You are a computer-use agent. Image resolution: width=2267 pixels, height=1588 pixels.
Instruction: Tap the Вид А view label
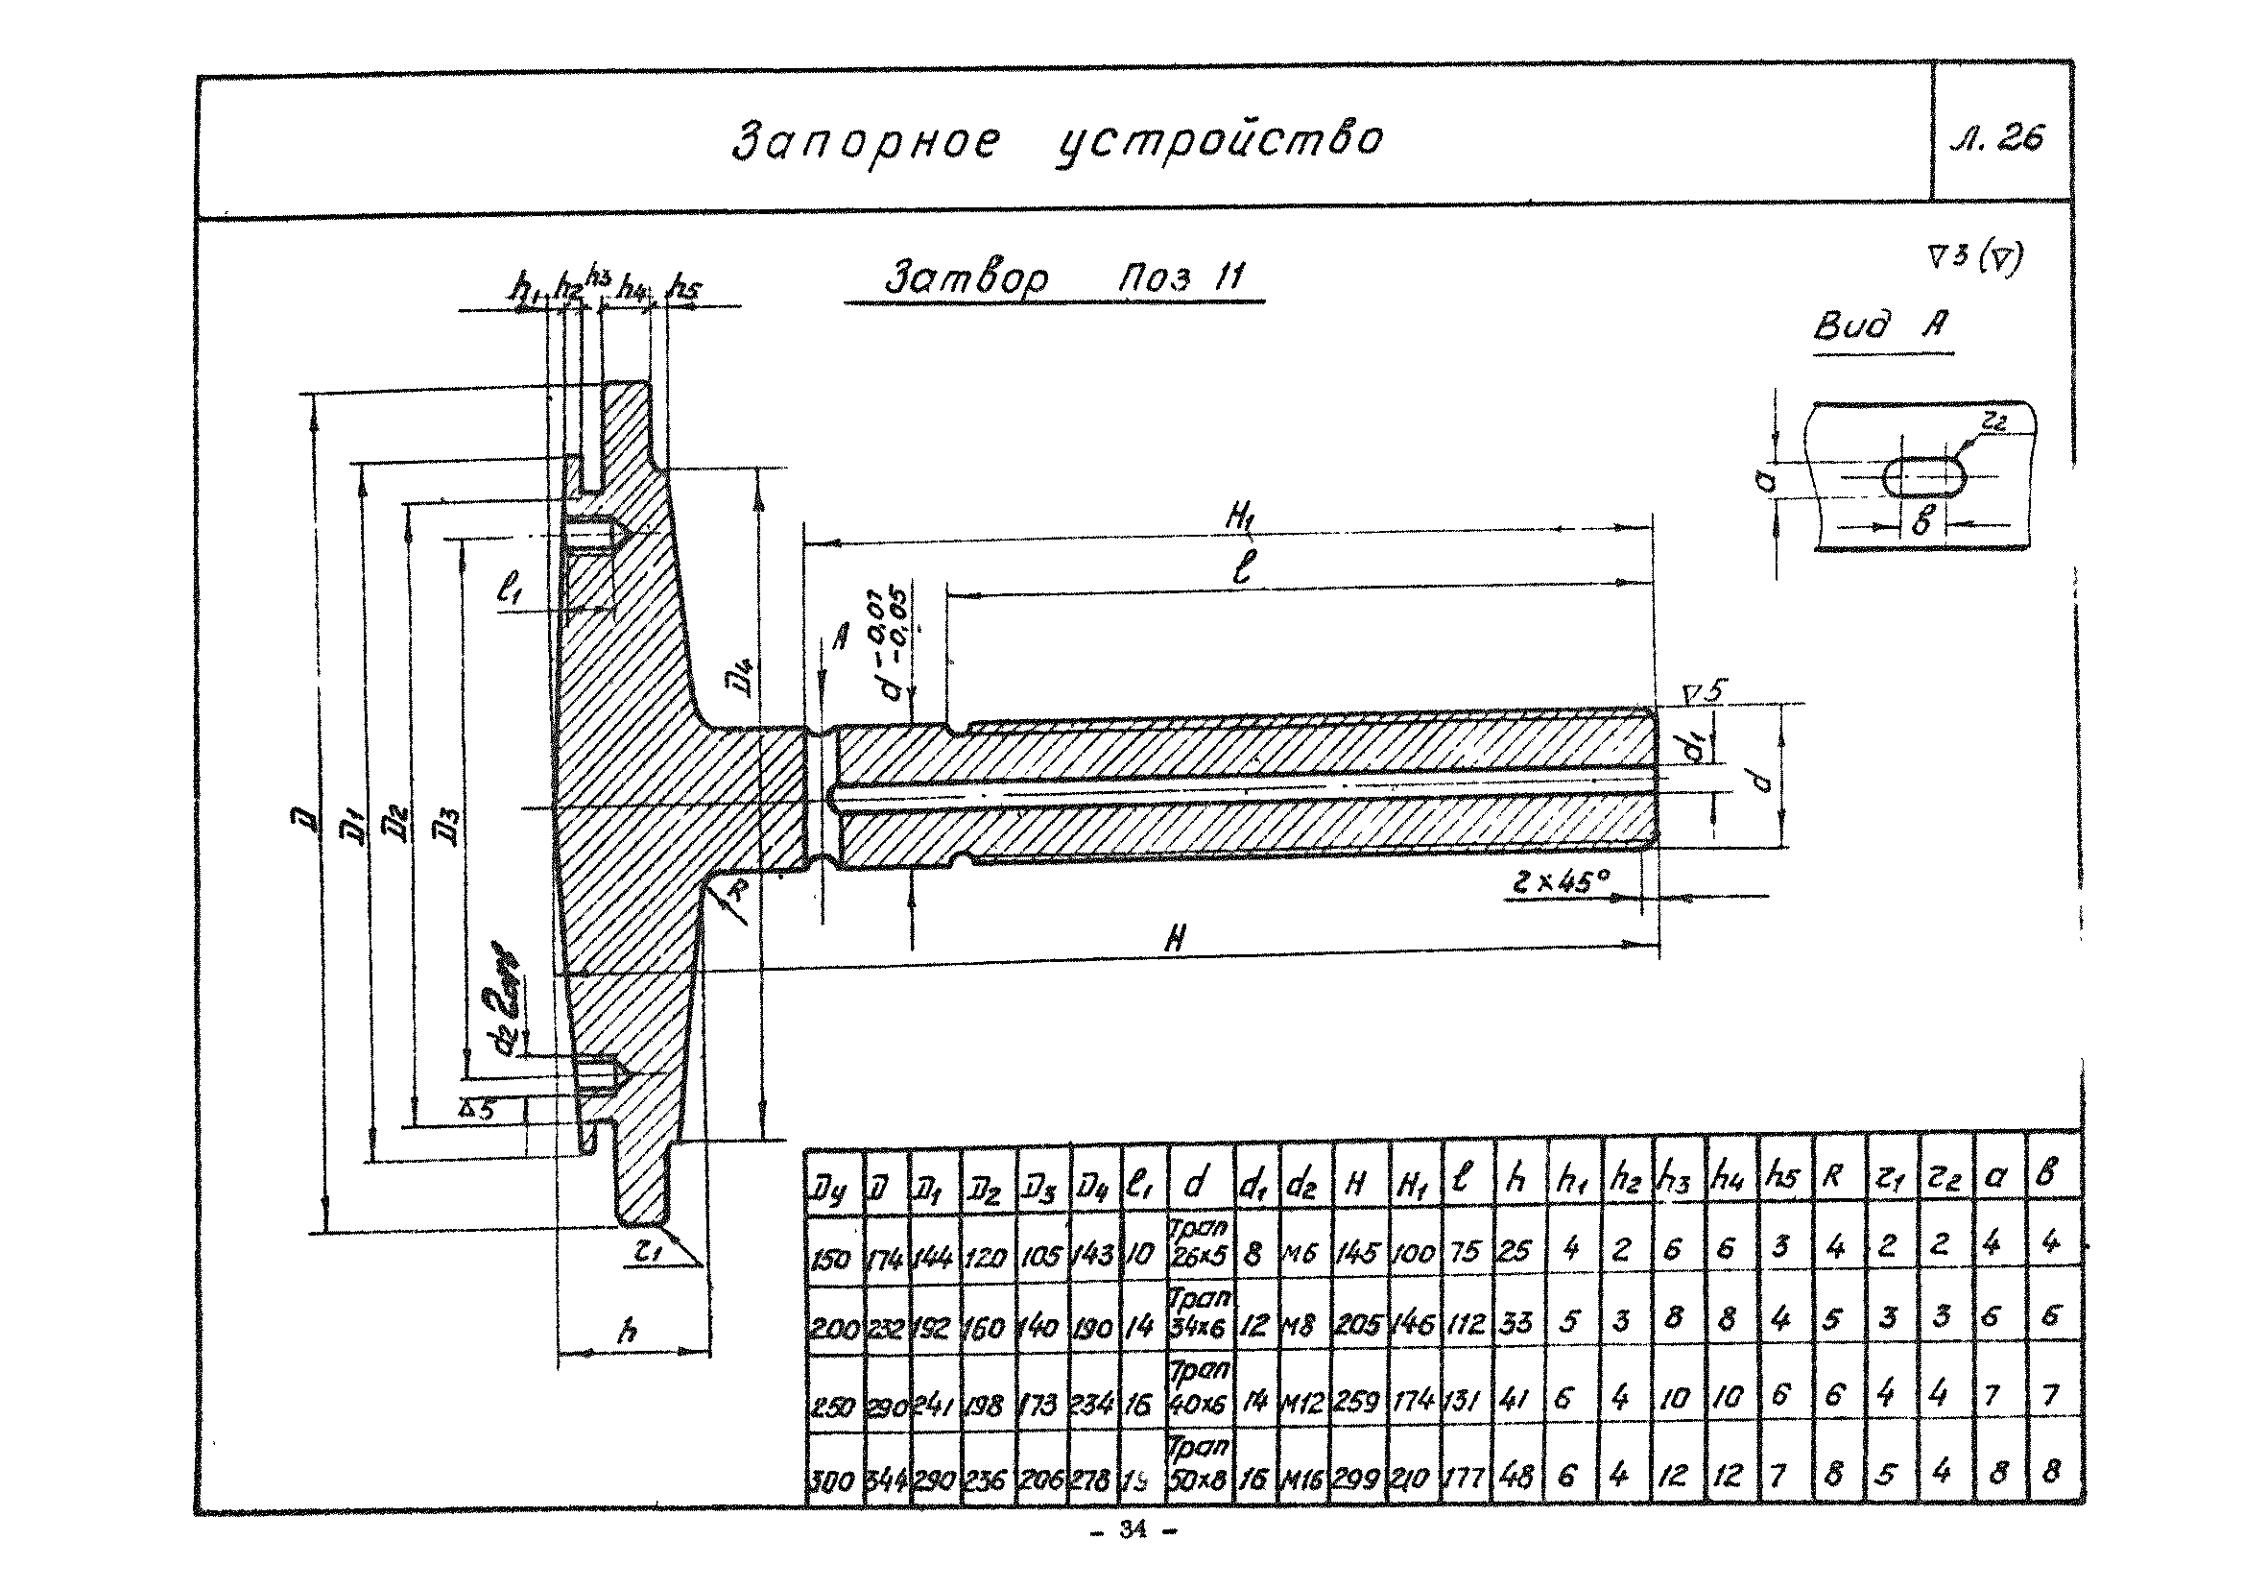click(1882, 325)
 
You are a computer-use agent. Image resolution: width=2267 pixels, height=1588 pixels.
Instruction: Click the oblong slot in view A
click(1924, 476)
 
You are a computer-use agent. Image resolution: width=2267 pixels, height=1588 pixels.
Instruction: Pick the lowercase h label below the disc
click(627, 1333)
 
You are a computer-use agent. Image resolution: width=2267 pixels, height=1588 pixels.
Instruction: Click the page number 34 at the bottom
click(1133, 1531)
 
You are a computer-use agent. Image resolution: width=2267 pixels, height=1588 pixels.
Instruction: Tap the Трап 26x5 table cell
click(1198, 1242)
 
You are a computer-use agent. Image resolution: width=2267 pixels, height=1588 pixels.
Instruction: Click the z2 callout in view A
click(1993, 422)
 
